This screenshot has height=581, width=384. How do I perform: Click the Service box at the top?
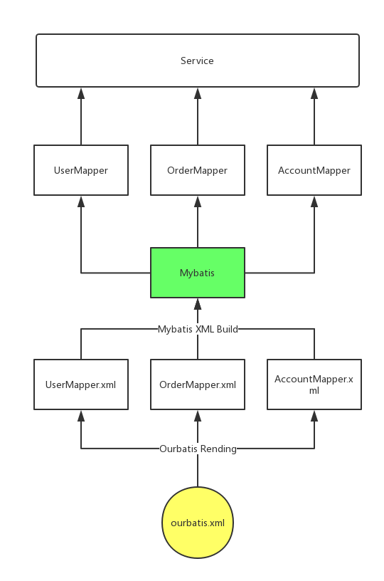(x=198, y=61)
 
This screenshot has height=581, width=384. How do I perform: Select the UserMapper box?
(x=81, y=170)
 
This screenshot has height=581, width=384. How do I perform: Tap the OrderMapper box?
(x=198, y=170)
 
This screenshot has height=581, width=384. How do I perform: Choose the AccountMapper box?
(x=314, y=170)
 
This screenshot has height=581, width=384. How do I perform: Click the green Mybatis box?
(x=198, y=273)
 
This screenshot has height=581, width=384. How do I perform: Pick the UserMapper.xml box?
(x=81, y=384)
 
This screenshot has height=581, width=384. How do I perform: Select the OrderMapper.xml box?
(x=198, y=384)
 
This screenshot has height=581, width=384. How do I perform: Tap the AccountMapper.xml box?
(x=314, y=384)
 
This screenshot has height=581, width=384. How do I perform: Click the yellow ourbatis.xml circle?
(x=198, y=523)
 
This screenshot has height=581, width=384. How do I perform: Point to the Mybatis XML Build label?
(x=198, y=329)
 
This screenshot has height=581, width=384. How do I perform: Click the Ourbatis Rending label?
(x=198, y=449)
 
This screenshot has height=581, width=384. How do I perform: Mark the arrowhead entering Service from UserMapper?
(x=81, y=93)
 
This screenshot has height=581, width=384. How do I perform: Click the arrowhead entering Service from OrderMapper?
(x=198, y=93)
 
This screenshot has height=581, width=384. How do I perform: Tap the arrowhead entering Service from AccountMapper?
(x=314, y=93)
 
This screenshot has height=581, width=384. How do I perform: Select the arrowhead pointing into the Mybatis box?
(x=198, y=304)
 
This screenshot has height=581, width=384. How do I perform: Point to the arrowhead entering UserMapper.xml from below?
(x=81, y=416)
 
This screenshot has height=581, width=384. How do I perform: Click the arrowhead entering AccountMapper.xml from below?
(x=314, y=416)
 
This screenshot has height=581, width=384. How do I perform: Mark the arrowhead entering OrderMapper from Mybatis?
(x=198, y=201)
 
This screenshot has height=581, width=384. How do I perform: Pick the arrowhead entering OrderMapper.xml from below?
(x=198, y=416)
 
